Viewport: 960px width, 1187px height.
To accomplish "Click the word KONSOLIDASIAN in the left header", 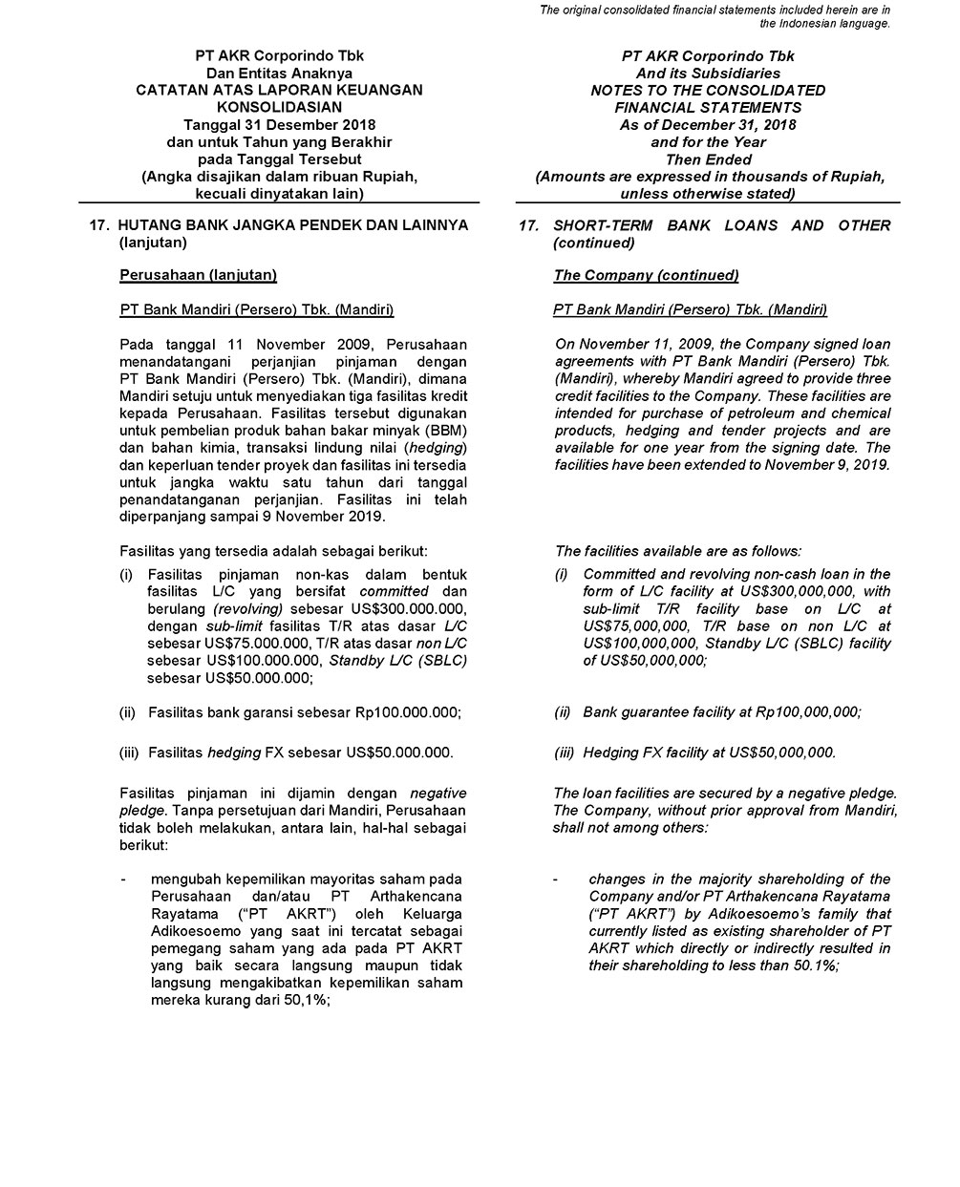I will click(279, 107).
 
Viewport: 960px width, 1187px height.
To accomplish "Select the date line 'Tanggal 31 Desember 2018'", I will click(279, 124).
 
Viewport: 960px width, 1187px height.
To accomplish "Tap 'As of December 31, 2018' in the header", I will click(708, 124).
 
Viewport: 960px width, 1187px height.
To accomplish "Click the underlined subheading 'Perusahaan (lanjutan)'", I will click(198, 275).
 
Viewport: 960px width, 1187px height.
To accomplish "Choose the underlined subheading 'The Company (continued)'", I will click(646, 275).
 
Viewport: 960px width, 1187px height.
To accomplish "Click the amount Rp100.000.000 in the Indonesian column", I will click(407, 712).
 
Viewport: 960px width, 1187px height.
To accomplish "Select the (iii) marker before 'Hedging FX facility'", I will click(565, 752).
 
